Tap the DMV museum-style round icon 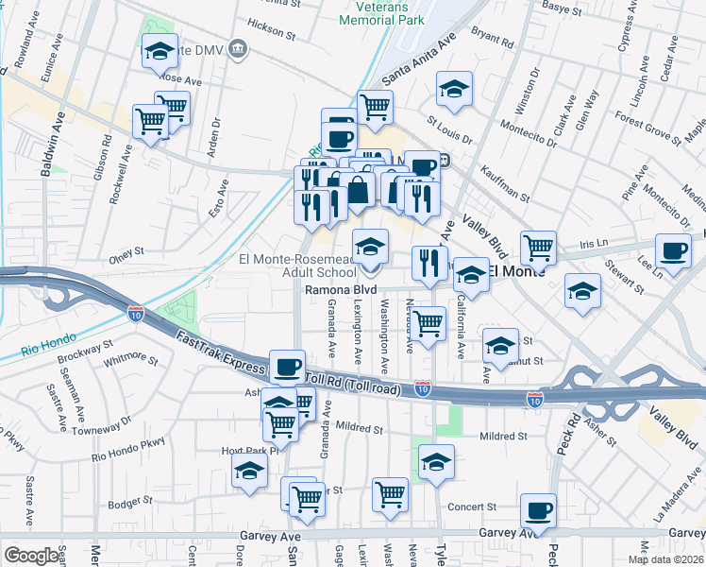(x=236, y=47)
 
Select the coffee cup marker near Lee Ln (x=673, y=250)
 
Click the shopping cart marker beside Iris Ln (x=538, y=248)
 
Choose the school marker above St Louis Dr (x=455, y=90)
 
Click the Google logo (x=32, y=555)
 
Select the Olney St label (x=125, y=251)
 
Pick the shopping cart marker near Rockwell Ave (x=151, y=122)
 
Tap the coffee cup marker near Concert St (x=538, y=511)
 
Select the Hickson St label (x=273, y=31)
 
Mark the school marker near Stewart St (x=583, y=291)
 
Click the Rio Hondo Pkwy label (x=128, y=448)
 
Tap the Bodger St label (x=129, y=503)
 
